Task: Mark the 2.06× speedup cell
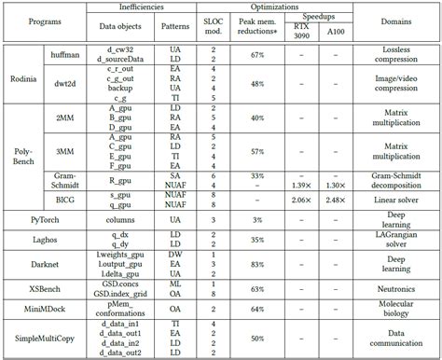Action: point(299,200)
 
